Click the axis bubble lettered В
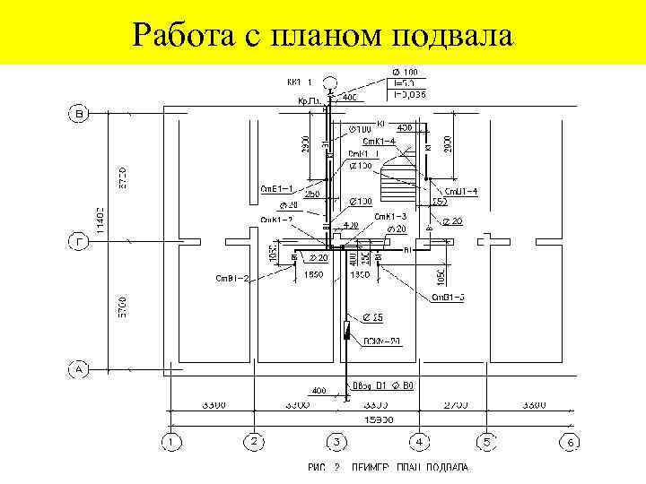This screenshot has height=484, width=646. [x=78, y=114]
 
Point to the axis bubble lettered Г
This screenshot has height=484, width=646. [x=78, y=241]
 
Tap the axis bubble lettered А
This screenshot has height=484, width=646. [x=78, y=367]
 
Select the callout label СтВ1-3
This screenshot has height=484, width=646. [x=448, y=297]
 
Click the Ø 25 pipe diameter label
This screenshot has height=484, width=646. [x=375, y=318]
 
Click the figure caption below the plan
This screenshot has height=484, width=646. [x=388, y=468]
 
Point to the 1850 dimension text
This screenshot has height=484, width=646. [x=314, y=274]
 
